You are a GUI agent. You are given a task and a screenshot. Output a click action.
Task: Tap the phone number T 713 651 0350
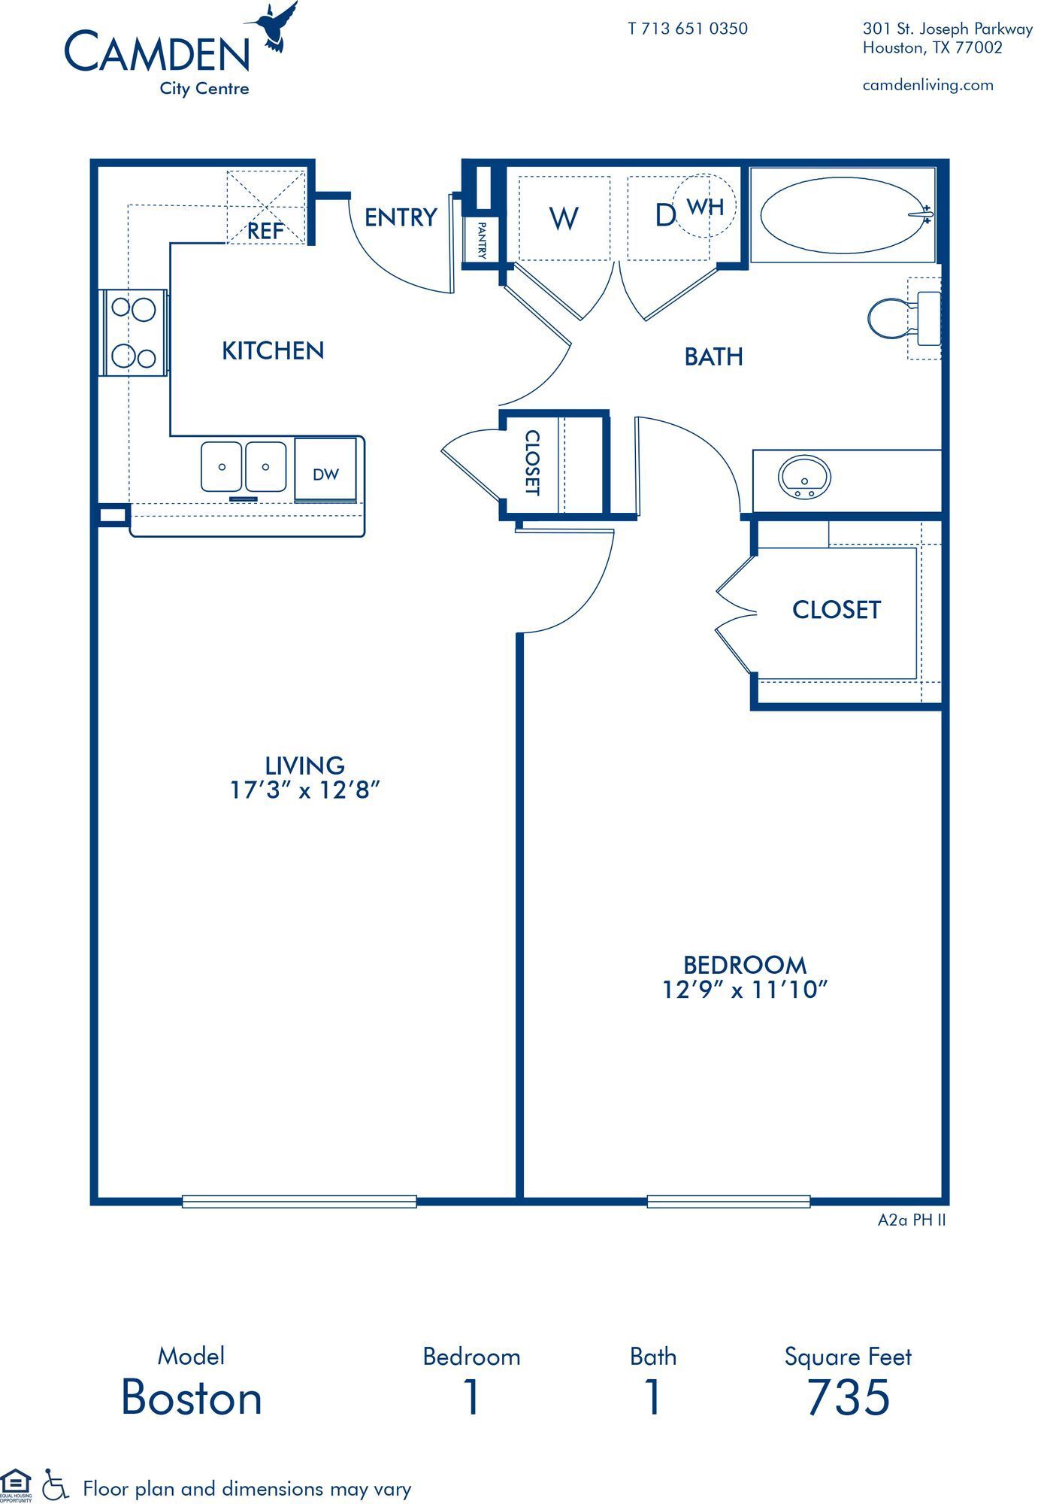(687, 29)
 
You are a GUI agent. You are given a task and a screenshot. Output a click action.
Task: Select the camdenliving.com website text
(927, 85)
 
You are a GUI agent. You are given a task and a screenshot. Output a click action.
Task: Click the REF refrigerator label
(265, 231)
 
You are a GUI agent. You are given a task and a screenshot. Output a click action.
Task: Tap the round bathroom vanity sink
(805, 477)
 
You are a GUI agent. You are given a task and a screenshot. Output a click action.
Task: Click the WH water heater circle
(704, 205)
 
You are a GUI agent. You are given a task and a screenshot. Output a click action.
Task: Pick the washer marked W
(564, 219)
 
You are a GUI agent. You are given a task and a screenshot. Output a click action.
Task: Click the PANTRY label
(481, 240)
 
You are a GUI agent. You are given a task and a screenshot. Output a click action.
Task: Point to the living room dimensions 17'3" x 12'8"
(304, 790)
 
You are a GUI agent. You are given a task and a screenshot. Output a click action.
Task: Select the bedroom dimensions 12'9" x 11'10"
(744, 990)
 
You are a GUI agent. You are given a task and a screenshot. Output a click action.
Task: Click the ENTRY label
(401, 217)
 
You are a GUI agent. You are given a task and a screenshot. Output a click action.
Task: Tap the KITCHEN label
(273, 350)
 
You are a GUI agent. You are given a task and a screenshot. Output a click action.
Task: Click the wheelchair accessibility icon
(54, 1484)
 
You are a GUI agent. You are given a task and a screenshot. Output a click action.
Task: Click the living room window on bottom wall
(299, 1202)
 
